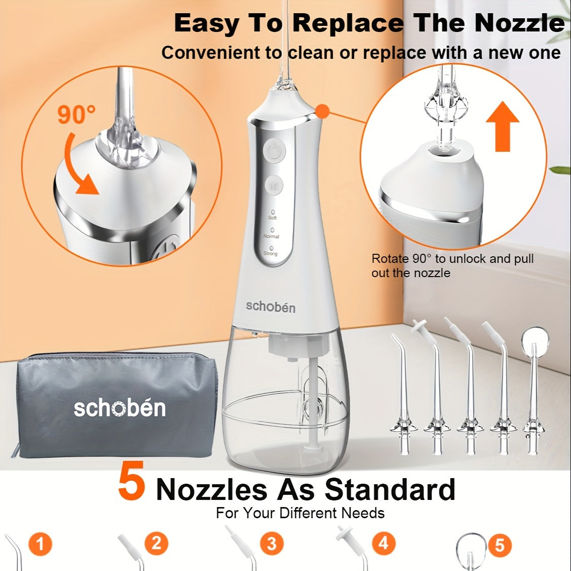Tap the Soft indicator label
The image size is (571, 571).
pyautogui.click(x=273, y=218)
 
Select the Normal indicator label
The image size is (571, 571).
pyautogui.click(x=272, y=237)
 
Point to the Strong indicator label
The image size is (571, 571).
pyautogui.click(x=270, y=253)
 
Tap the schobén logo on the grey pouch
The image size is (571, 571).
pyautogui.click(x=120, y=408)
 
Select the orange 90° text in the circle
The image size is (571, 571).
pyautogui.click(x=77, y=114)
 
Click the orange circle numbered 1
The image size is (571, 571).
pyautogui.click(x=40, y=545)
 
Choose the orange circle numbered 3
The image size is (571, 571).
pyautogui.click(x=272, y=544)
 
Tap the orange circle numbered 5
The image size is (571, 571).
pyautogui.click(x=499, y=546)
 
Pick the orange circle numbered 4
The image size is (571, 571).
pyautogui.click(x=384, y=543)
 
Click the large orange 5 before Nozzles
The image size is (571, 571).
pyautogui.click(x=131, y=481)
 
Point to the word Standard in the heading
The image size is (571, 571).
pyautogui.click(x=390, y=489)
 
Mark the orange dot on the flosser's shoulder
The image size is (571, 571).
pyautogui.click(x=322, y=111)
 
